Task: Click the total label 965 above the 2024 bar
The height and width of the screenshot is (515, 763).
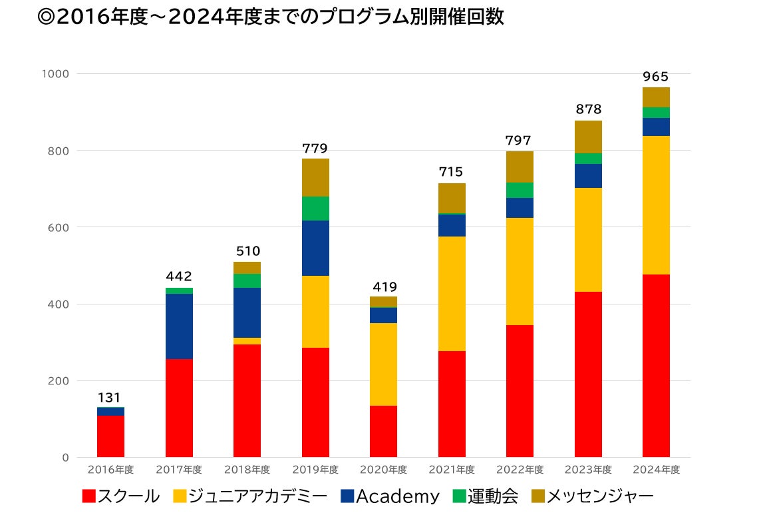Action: coord(655,77)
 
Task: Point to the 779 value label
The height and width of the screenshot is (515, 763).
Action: coord(315,149)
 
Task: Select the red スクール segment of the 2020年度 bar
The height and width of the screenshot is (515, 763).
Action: coord(383,431)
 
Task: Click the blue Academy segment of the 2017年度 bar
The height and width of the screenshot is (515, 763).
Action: coord(179,326)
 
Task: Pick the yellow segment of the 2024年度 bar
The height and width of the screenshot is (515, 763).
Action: coord(655,205)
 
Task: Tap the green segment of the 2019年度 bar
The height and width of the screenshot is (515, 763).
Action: coord(315,209)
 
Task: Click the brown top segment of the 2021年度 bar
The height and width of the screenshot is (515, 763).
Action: coord(452,198)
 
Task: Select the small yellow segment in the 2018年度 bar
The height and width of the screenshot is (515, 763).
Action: coord(247,341)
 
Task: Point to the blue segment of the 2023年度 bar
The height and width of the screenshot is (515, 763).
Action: coord(587,176)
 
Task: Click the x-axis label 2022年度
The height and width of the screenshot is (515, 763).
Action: coord(520,470)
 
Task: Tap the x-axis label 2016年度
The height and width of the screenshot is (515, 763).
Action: coord(110,470)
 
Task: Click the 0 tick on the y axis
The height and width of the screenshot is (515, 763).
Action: coord(65,458)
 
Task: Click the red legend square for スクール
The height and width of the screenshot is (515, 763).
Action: coord(90,496)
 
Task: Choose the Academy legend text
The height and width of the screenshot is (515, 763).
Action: coord(398,496)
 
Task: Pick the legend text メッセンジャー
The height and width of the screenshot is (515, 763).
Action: coord(600,496)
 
